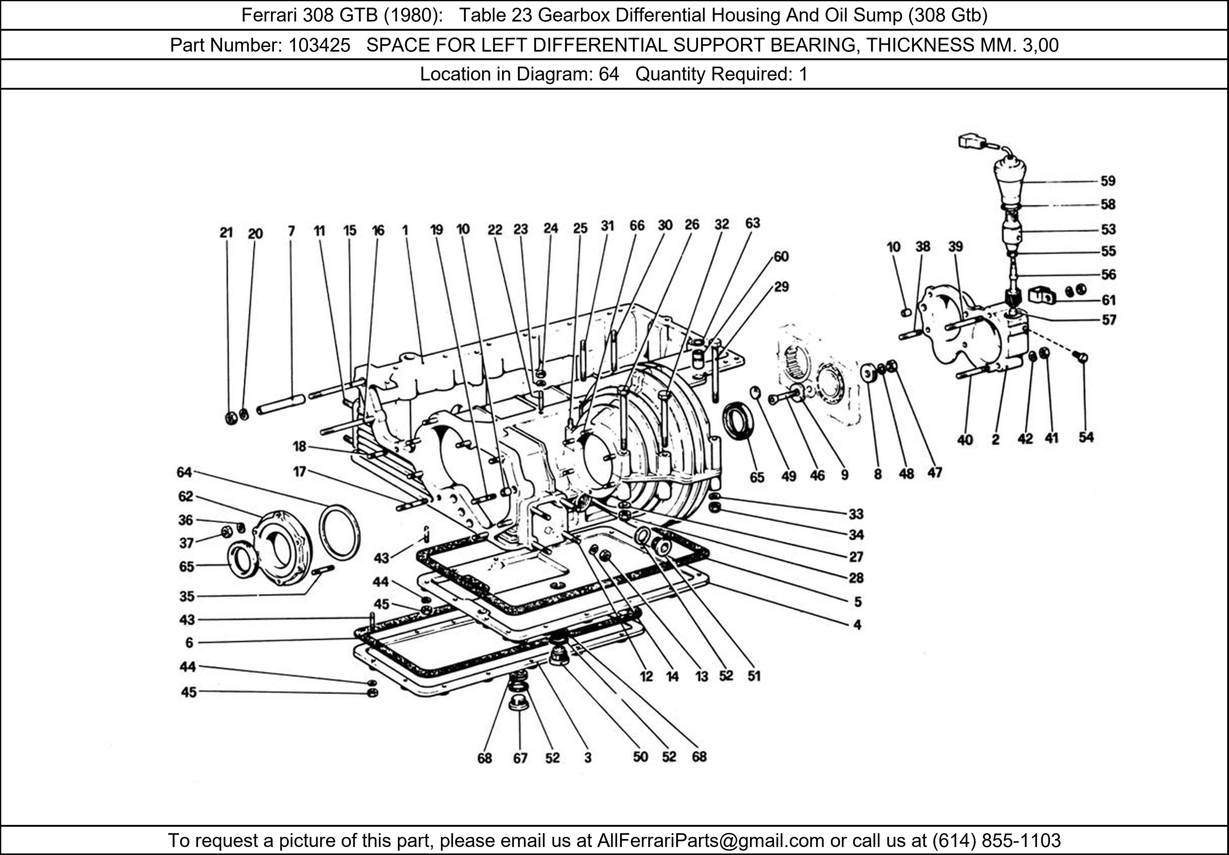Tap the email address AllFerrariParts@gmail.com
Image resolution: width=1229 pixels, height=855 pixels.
(x=710, y=841)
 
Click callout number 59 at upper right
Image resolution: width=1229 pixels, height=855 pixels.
(x=1108, y=181)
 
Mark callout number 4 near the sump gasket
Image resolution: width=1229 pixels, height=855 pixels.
(x=857, y=624)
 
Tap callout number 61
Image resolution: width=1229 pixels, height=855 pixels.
(x=1108, y=300)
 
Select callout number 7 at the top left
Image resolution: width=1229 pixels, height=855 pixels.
(x=291, y=231)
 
